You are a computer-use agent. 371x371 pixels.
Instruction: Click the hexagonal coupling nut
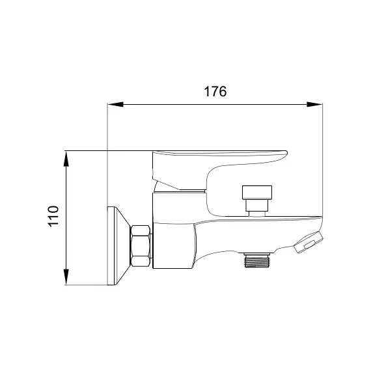point(141,245)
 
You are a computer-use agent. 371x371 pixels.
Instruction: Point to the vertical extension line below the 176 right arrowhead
point(323,163)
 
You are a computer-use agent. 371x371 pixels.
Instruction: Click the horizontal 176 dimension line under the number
point(215,103)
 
